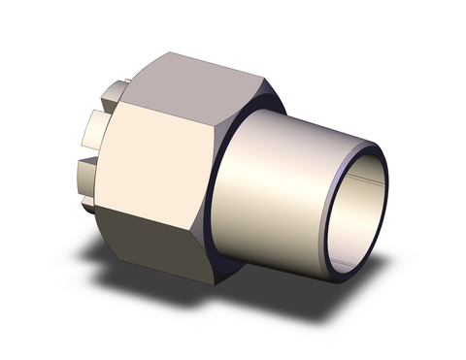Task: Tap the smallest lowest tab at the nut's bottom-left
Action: click(89, 205)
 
